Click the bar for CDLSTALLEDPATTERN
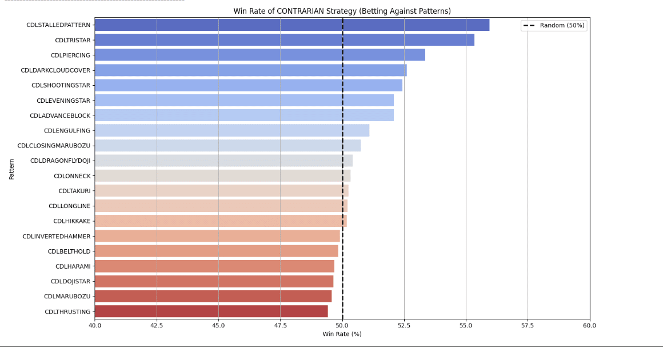point(291,25)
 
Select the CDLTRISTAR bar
point(284,40)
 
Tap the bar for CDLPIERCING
point(259,55)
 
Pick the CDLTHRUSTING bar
point(211,311)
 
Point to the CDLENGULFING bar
point(231,130)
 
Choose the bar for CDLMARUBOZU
point(213,296)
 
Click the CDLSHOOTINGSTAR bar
point(248,85)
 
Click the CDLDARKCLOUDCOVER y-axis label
point(55,70)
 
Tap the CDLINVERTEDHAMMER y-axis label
point(56,236)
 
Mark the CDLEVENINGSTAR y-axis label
point(63,101)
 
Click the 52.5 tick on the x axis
point(404,325)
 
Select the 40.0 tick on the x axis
point(95,325)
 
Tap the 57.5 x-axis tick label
point(528,325)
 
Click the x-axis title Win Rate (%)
point(342,334)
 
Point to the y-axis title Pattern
point(11,169)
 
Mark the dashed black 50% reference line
point(342,171)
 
